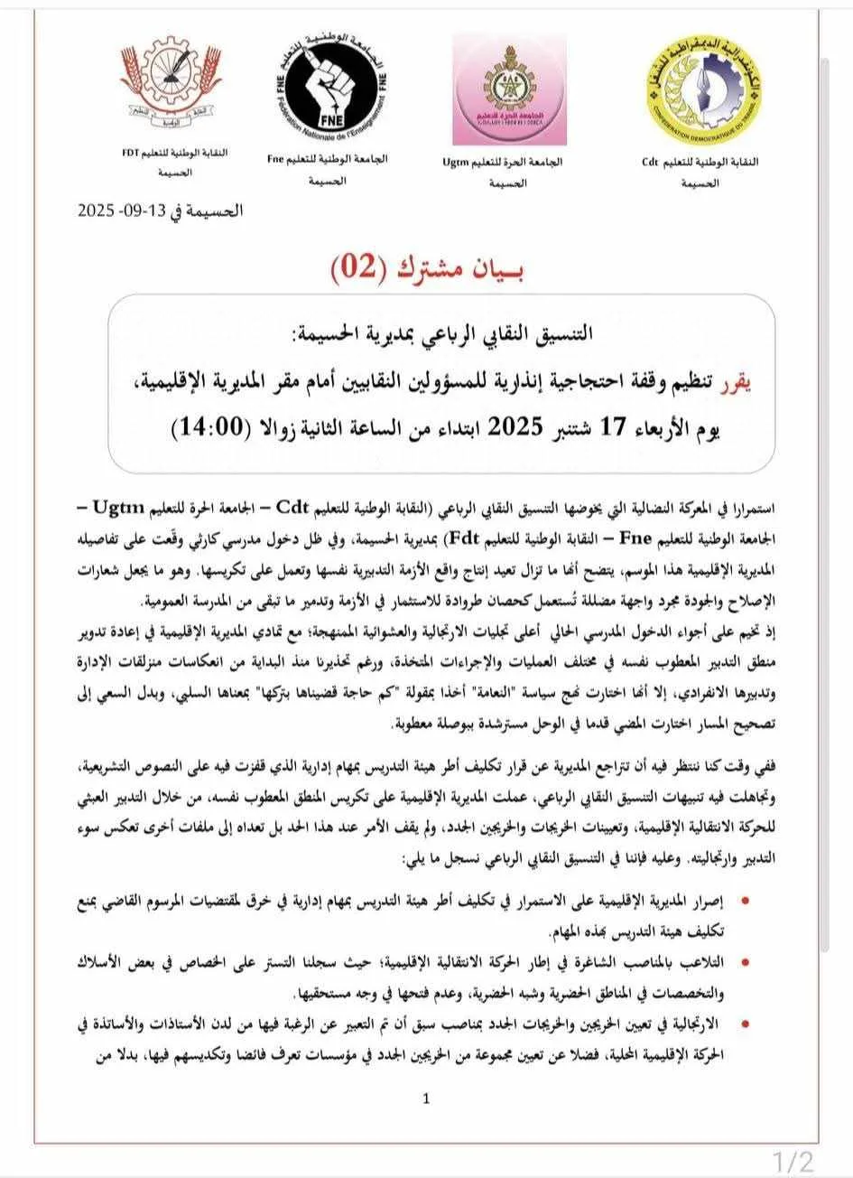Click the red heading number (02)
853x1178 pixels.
click(362, 267)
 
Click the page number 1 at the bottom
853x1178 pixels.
click(426, 1099)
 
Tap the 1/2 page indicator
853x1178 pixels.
click(793, 1158)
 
